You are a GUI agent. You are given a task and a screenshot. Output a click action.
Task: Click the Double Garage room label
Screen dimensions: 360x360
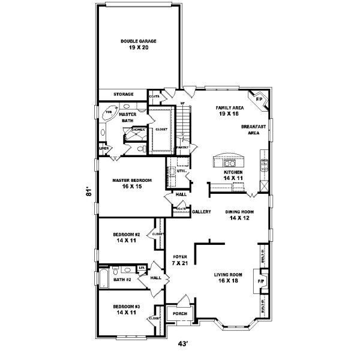(138, 44)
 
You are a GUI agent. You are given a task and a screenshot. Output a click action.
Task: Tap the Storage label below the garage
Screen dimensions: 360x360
(124, 94)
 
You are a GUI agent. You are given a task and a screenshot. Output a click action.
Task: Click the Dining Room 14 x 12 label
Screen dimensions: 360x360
(239, 215)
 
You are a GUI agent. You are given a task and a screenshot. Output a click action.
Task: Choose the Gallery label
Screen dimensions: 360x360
(201, 212)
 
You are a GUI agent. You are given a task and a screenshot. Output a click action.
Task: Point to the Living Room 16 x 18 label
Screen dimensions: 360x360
(230, 277)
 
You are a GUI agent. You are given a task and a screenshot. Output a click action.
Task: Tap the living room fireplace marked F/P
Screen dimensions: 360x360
(261, 281)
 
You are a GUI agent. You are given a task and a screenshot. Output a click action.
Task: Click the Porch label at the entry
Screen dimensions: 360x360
(180, 314)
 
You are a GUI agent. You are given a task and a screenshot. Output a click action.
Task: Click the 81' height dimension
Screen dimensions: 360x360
(88, 193)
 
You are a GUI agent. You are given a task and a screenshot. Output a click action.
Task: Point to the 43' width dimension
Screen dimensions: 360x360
(183, 344)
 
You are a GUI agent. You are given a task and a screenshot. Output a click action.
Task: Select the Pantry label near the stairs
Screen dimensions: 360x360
(183, 147)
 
